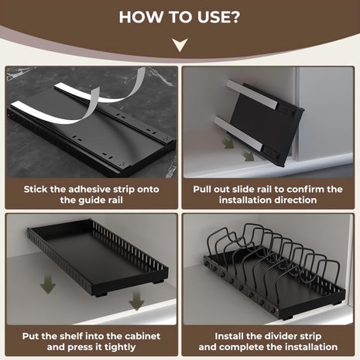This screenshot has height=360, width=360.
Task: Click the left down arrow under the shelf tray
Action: pos(47,284)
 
